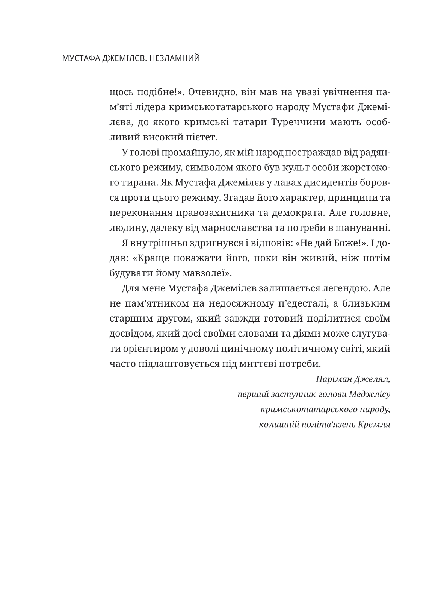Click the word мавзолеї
coord(203,273)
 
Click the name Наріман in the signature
coord(330,379)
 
